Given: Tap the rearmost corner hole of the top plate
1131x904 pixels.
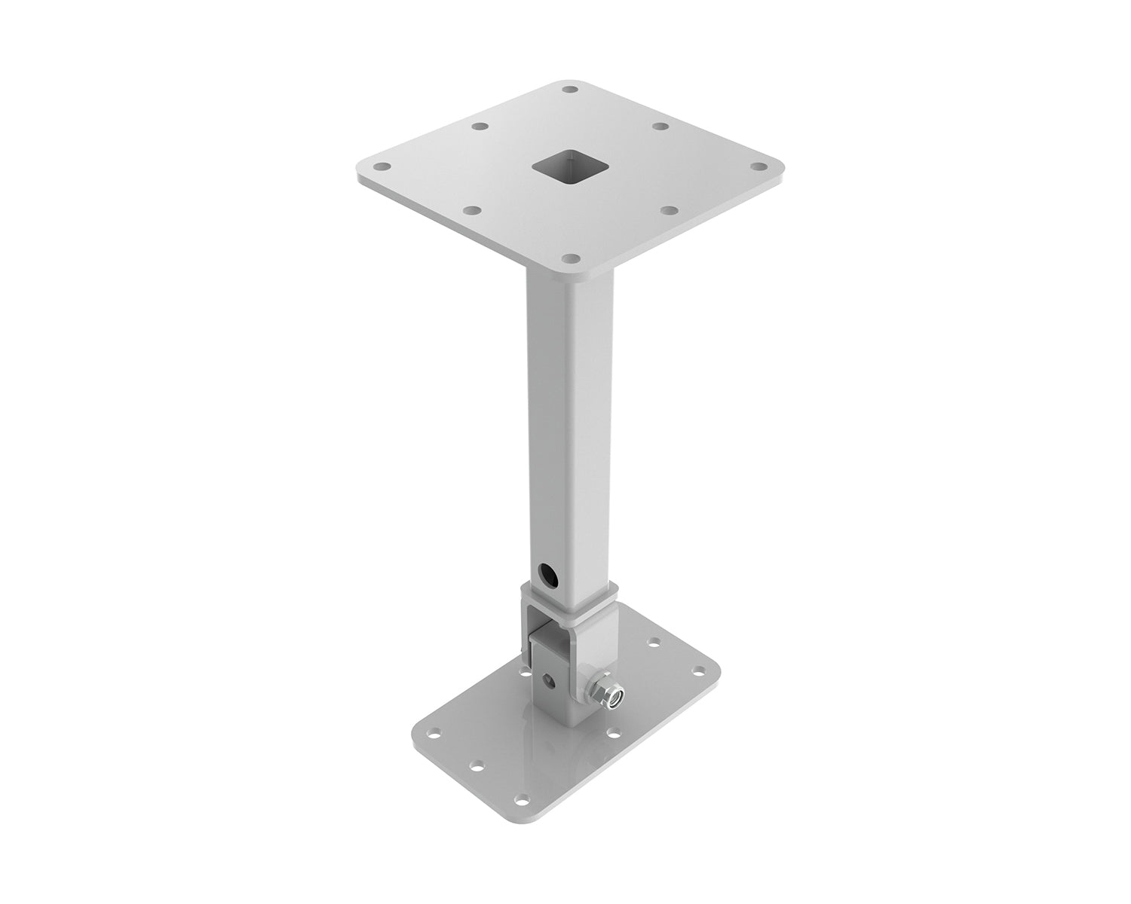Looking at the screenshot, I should click(x=571, y=90).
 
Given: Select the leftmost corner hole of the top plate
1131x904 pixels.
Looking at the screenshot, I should click(x=382, y=167).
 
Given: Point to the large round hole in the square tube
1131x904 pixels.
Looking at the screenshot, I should click(x=545, y=576).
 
